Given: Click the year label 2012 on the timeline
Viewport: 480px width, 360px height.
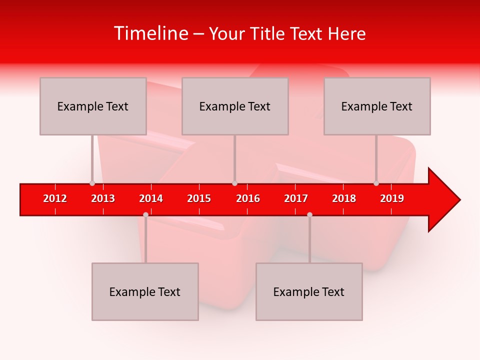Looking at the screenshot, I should (55, 198).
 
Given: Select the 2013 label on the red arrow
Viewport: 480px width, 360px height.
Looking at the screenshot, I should (103, 198).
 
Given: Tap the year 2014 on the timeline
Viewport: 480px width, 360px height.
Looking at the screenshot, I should (151, 198).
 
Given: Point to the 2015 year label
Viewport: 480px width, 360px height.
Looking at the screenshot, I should (199, 198).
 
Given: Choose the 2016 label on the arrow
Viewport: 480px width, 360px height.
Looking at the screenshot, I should (248, 198).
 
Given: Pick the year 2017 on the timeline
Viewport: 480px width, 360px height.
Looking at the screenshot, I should (296, 198).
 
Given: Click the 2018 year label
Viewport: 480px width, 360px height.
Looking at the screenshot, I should (344, 198).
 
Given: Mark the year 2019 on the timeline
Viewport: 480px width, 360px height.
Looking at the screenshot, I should (392, 198).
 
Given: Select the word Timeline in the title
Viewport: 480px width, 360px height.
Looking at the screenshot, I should (150, 33).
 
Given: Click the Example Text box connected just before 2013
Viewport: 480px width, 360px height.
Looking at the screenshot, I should (93, 106).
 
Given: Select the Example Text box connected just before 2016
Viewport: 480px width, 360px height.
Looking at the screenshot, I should (235, 106).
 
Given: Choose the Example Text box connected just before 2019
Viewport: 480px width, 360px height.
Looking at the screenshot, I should (377, 106).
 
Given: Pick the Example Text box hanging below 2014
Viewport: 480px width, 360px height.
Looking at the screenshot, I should (145, 291).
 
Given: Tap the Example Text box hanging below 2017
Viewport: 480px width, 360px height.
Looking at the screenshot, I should (309, 291).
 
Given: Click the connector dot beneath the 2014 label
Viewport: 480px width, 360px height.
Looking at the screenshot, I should (145, 214).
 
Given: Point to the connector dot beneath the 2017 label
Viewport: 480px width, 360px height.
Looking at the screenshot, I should (309, 214).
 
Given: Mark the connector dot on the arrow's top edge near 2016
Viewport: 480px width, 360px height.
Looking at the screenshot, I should (234, 183).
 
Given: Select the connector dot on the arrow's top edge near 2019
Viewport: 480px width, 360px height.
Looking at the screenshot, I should (376, 183).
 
